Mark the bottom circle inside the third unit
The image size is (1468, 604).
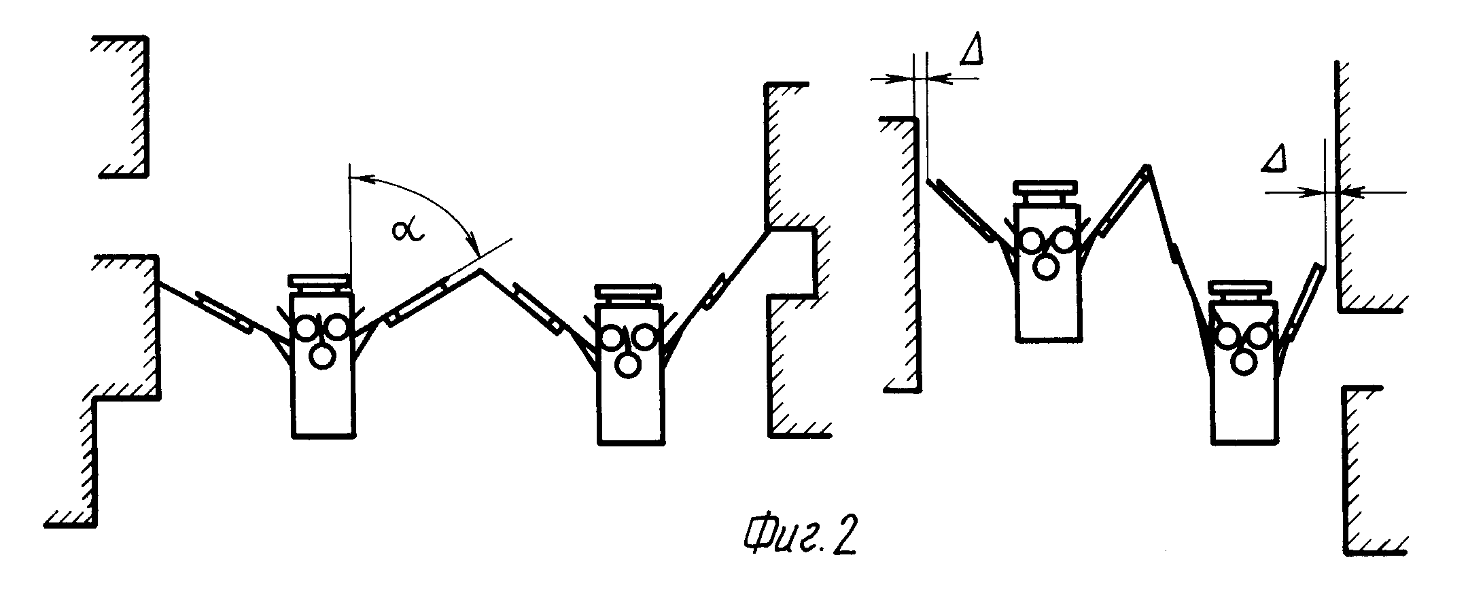click(1046, 266)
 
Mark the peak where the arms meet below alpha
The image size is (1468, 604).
click(481, 270)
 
